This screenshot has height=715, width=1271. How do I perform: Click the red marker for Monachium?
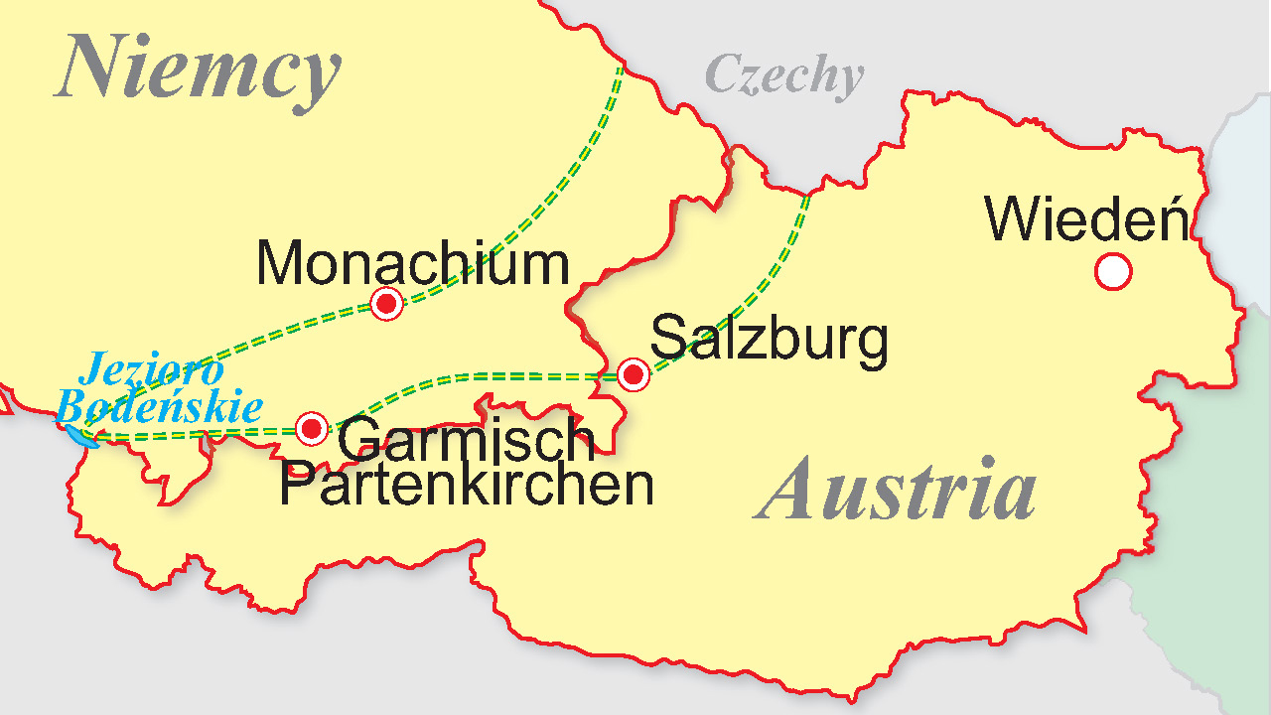(386, 303)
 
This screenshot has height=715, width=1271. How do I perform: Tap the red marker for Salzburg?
(633, 375)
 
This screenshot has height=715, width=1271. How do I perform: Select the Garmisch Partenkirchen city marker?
(312, 429)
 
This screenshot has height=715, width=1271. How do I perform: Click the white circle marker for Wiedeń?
(1113, 271)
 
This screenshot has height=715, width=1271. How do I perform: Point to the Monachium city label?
(413, 264)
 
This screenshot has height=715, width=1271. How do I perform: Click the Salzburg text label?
(769, 339)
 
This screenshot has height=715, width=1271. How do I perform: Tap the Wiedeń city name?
(1086, 219)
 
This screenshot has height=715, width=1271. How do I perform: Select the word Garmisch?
(466, 440)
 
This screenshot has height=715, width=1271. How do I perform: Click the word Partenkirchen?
(466, 486)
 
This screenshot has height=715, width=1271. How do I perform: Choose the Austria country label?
(896, 489)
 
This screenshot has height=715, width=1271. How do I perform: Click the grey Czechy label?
(783, 75)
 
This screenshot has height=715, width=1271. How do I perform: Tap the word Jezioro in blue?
(151, 371)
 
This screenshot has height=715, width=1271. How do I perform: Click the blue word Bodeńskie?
(160, 407)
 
